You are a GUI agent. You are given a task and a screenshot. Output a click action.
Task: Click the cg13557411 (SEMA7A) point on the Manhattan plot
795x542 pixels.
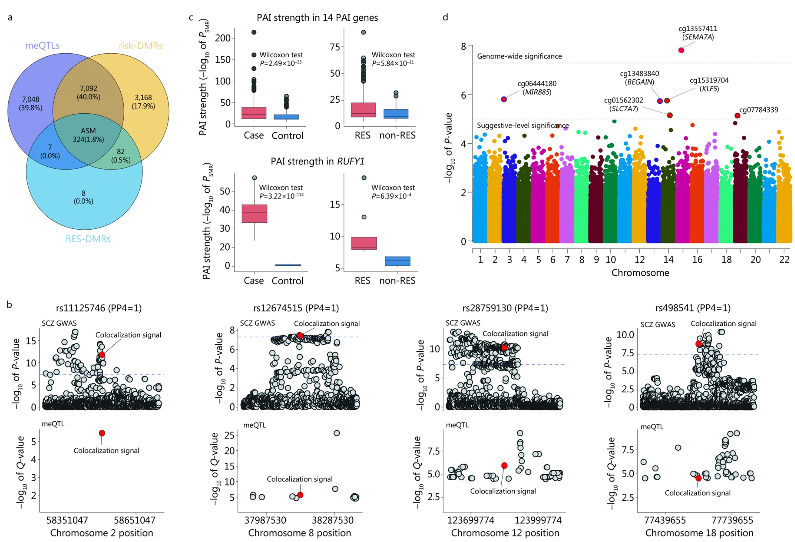[681, 50]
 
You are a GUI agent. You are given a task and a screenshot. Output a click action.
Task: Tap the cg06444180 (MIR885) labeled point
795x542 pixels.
[504, 99]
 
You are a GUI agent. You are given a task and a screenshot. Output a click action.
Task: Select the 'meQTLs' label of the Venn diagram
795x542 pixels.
[42, 45]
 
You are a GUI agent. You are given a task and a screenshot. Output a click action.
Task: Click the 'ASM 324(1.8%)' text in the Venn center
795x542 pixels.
[88, 135]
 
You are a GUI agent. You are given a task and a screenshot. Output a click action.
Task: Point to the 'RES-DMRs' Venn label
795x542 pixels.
[88, 239]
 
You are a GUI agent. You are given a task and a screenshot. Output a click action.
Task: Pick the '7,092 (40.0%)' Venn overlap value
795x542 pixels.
[88, 92]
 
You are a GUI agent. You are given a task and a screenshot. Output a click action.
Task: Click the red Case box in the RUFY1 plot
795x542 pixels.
[255, 214]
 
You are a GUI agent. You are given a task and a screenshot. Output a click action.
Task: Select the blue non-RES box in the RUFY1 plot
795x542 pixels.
[397, 261]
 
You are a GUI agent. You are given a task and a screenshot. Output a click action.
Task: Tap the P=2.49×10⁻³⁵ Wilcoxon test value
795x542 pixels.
[281, 63]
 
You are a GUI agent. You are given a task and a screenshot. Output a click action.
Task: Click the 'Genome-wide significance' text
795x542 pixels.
[519, 56]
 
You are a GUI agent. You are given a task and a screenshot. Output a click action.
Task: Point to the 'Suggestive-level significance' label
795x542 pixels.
[523, 126]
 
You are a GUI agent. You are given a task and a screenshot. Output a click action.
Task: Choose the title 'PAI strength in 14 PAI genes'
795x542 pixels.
[317, 18]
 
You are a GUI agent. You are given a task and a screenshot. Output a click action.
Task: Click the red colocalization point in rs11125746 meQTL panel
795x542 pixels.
[102, 433]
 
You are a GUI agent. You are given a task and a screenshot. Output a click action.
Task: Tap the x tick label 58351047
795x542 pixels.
[67, 520]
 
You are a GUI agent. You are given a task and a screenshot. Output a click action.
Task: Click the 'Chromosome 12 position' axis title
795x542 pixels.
[505, 533]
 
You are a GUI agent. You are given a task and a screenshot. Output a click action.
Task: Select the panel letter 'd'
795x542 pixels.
[445, 18]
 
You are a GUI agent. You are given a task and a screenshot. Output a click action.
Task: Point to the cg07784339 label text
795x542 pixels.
[758, 110]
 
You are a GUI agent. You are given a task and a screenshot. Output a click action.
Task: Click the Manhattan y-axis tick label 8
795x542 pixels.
[464, 46]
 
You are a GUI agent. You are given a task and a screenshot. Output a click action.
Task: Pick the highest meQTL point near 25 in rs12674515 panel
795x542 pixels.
[337, 433]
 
